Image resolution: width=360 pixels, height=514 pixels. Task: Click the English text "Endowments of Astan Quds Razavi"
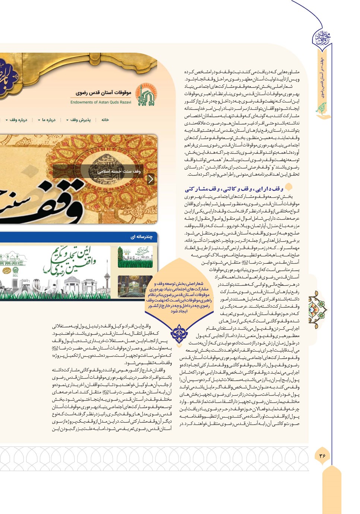coord(101,102)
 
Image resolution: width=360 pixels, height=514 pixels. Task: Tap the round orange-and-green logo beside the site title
coord(146,95)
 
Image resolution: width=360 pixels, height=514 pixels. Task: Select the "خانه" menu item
coord(105,120)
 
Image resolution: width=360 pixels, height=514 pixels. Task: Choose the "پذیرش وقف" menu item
coord(80,120)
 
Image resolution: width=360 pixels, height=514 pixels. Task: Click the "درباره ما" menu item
coord(48,120)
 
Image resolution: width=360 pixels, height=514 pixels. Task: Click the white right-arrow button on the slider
coord(150,179)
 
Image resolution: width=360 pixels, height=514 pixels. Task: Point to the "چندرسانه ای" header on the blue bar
coord(141,237)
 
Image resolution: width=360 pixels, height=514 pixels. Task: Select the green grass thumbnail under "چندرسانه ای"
coord(135,257)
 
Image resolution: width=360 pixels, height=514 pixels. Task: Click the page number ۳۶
coord(322,456)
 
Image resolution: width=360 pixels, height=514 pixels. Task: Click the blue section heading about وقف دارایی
coord(234,188)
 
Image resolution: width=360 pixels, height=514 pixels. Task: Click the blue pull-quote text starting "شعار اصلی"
coord(179,297)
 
